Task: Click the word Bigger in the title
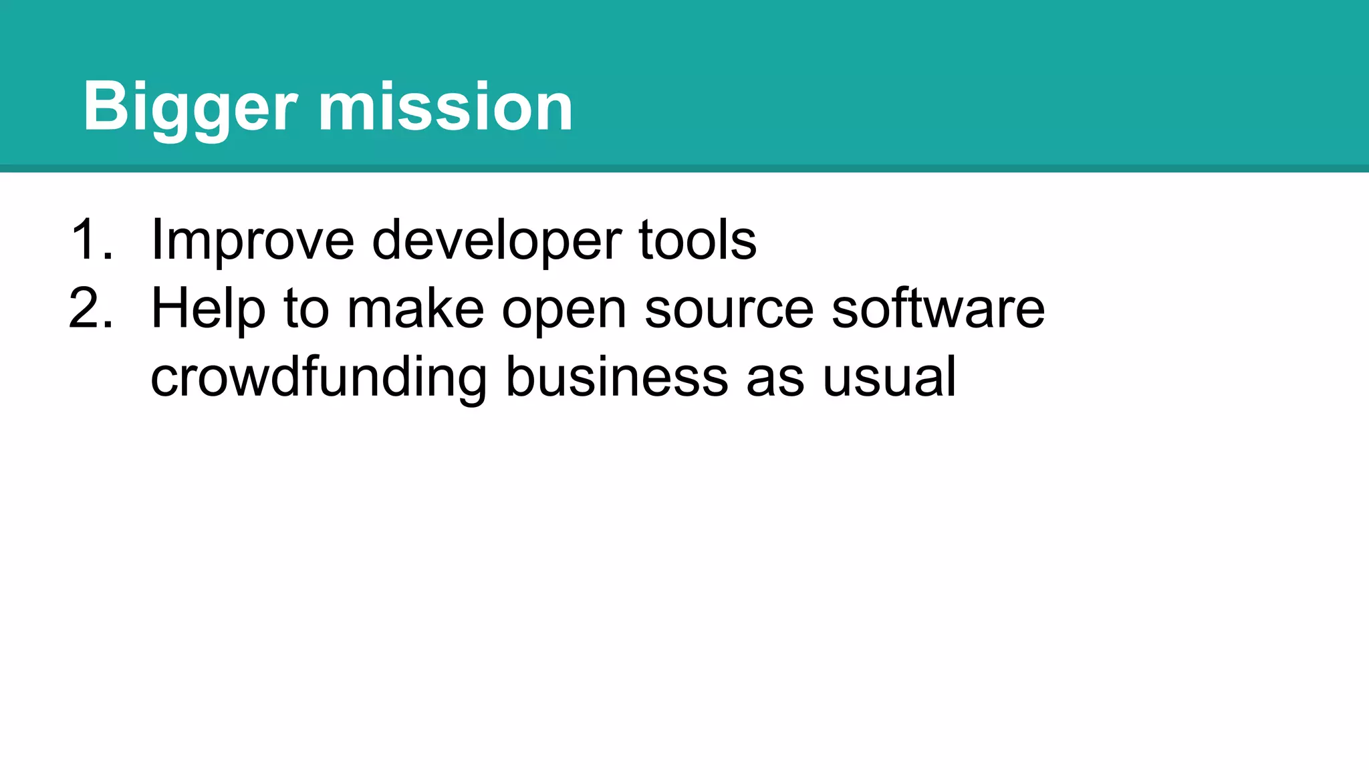pyautogui.click(x=190, y=107)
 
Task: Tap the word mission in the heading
pyautogui.click(x=445, y=107)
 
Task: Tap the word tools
pyautogui.click(x=698, y=239)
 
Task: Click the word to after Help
pyautogui.click(x=306, y=309)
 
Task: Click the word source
pyautogui.click(x=729, y=309)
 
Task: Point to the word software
pyautogui.click(x=938, y=308)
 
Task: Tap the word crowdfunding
pyautogui.click(x=319, y=378)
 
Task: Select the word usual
pyautogui.click(x=889, y=378)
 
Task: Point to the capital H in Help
pyautogui.click(x=168, y=308)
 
